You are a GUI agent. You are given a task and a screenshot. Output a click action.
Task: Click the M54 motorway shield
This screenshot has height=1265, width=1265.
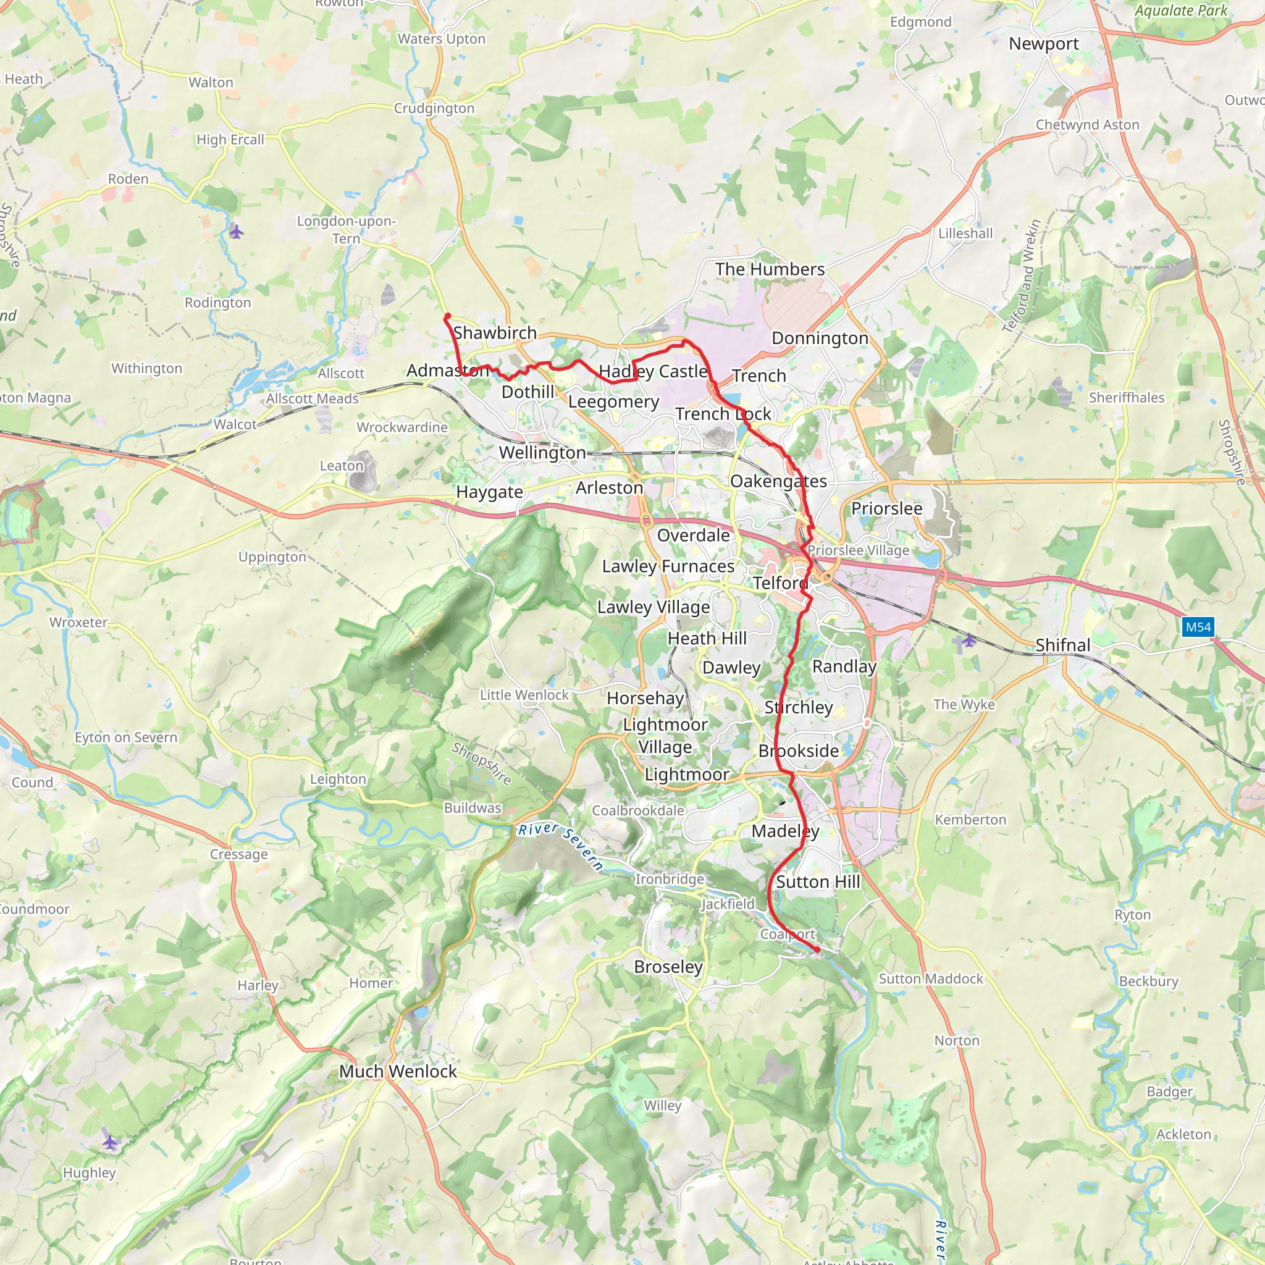click(1198, 628)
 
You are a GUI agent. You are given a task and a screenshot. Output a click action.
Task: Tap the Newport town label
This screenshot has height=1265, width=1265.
click(1043, 44)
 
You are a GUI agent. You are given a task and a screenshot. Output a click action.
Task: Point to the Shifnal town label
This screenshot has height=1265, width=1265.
click(1062, 645)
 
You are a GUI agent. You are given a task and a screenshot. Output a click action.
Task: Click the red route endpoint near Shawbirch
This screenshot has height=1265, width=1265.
click(447, 317)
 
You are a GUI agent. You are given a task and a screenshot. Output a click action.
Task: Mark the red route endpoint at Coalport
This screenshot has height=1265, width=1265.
click(817, 949)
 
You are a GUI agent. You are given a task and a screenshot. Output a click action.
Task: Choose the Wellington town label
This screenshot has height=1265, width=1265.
click(542, 452)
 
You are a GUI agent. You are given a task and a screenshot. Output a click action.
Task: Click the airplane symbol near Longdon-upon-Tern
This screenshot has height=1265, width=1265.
click(237, 231)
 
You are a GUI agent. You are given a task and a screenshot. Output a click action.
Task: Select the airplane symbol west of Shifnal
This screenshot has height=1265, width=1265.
click(969, 641)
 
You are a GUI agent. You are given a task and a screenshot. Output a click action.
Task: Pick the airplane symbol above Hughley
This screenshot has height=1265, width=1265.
click(110, 1143)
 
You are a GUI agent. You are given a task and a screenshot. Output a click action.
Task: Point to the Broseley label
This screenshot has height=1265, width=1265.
click(668, 967)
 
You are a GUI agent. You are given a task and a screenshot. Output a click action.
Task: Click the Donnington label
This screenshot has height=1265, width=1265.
click(820, 338)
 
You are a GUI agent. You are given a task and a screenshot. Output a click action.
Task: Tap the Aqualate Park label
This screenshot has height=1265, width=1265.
click(1180, 11)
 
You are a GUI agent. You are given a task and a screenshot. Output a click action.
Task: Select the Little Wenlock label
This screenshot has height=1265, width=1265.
click(524, 695)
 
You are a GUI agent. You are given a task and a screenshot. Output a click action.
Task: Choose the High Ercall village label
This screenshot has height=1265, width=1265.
click(230, 140)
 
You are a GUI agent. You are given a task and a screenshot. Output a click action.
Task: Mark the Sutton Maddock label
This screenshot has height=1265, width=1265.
click(930, 979)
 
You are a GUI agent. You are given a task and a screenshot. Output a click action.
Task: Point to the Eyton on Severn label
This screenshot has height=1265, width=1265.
click(126, 738)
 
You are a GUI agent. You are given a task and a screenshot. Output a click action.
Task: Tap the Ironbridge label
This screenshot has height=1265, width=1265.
click(669, 880)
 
